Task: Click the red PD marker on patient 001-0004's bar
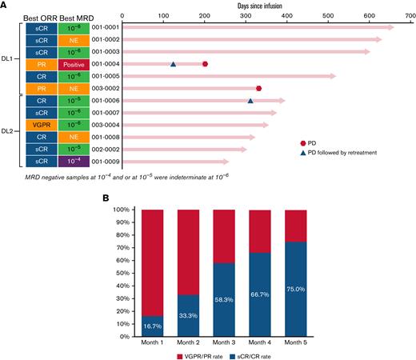tap(206, 64)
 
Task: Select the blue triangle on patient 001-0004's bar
tap(173, 64)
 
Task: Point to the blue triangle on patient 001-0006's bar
tap(250, 101)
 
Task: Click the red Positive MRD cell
tap(74, 64)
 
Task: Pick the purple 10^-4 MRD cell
tap(74, 161)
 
